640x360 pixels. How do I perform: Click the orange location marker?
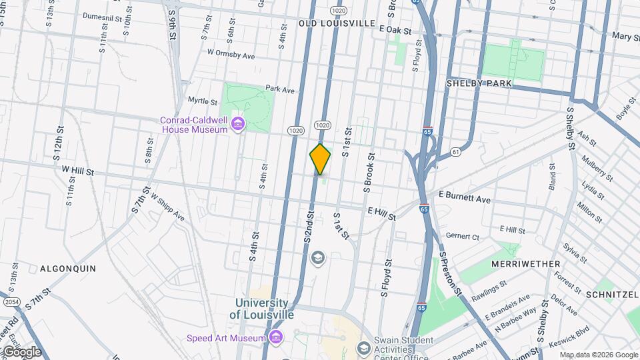coord(320,159)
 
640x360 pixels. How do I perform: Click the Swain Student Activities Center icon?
coord(363,348)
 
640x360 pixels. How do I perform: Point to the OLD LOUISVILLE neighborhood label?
coord(337,23)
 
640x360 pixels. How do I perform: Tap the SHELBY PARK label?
coord(479,83)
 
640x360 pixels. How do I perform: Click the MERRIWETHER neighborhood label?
coord(525,264)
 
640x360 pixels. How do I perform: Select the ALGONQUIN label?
coord(68,269)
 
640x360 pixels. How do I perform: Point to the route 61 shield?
coord(455,152)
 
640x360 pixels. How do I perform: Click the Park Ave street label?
coord(279,89)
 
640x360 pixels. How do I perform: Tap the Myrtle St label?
coord(203,101)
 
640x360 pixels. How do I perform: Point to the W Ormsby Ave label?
coord(231,53)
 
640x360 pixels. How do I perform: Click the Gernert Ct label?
coord(463,237)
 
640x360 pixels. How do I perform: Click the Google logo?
coord(21,351)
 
